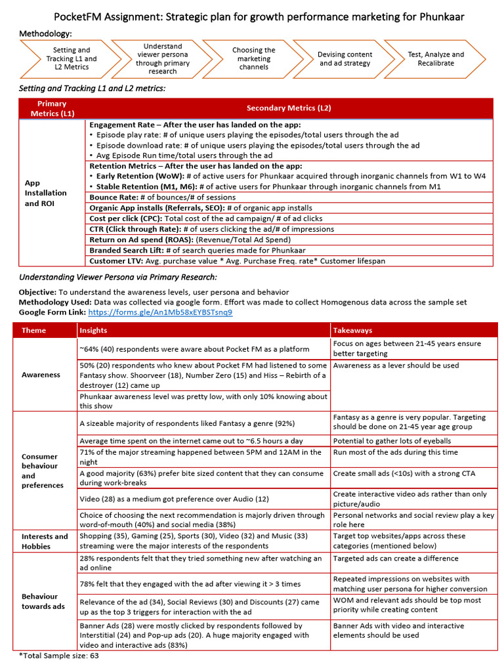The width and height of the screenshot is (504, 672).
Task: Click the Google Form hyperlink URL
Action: pos(159,312)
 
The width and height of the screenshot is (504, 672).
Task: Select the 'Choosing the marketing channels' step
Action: pos(253,58)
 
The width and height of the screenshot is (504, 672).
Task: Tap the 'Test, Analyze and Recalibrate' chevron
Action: pos(435,58)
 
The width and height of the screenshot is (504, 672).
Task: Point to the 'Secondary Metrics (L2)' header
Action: pos(289,108)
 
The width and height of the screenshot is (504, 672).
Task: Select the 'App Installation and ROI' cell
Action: pos(45,193)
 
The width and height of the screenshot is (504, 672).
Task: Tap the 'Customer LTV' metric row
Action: pos(237,261)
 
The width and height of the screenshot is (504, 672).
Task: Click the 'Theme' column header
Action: pos(34,331)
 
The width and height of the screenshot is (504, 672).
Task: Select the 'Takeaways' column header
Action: pos(352,331)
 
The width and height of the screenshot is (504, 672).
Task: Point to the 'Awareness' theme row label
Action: pos(41,375)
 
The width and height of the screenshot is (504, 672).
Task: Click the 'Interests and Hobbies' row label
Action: pos(45,541)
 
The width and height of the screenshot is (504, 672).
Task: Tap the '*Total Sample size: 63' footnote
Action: pos(59,656)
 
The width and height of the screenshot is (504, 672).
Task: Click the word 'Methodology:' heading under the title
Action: pos(45,33)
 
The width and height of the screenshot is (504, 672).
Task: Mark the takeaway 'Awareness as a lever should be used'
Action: pos(396,366)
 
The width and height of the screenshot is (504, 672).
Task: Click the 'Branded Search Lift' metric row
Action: pos(198,250)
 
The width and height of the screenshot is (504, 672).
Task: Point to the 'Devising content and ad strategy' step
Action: pos(345,58)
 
